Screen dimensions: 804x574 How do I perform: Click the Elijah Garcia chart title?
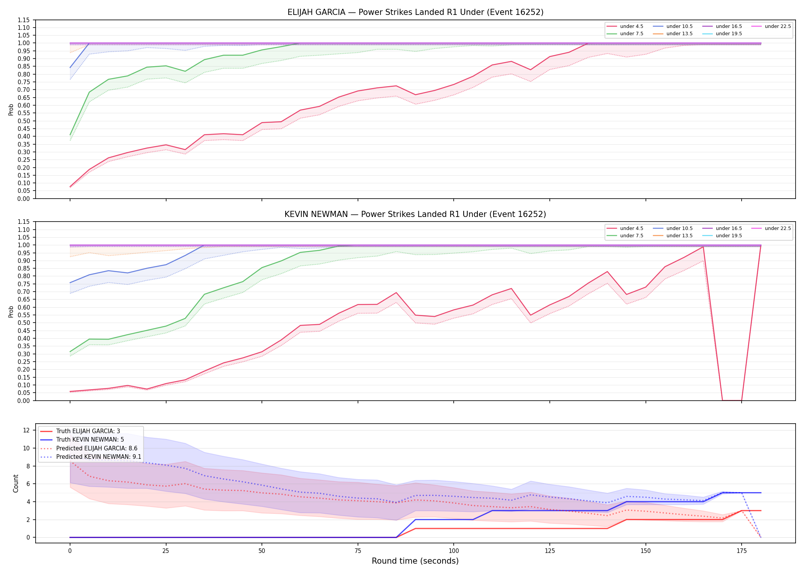[415, 12]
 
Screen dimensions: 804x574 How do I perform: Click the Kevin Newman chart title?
[415, 214]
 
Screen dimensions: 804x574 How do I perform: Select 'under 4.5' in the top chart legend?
[631, 26]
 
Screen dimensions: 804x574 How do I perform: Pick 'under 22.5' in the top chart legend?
[778, 26]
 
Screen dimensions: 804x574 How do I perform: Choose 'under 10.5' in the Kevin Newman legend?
[680, 228]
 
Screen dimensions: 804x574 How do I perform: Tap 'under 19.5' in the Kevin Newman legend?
[729, 236]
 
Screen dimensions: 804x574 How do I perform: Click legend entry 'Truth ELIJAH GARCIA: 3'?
[88, 431]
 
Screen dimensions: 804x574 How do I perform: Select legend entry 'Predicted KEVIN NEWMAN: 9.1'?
[99, 457]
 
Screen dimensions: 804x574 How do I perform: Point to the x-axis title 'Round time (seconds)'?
[415, 561]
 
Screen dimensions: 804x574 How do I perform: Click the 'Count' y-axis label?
[16, 483]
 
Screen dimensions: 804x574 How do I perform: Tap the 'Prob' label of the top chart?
[11, 109]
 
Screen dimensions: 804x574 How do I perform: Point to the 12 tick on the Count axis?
[26, 430]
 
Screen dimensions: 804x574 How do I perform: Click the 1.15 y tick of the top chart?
[24, 20]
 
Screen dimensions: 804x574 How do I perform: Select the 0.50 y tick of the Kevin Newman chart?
[24, 323]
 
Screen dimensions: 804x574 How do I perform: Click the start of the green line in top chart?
[70, 135]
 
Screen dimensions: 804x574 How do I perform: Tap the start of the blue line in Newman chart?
[70, 283]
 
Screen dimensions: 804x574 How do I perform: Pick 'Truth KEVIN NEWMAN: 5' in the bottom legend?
[90, 440]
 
